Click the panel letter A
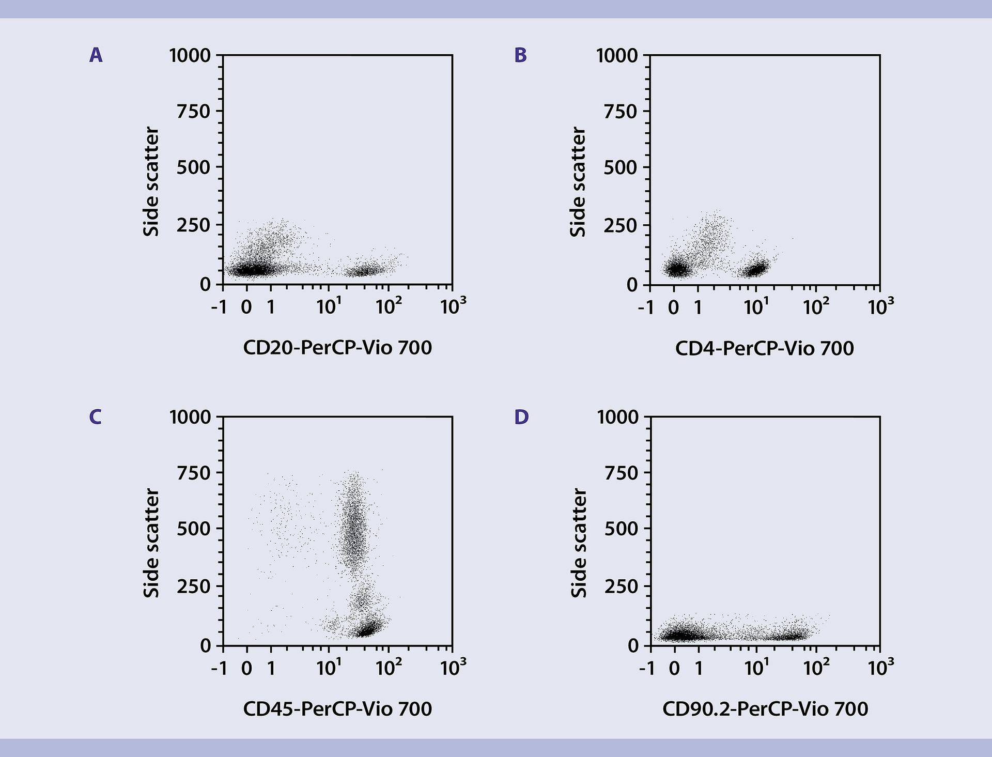pyautogui.click(x=96, y=55)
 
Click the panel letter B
pyautogui.click(x=520, y=55)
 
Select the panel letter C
pyautogui.click(x=95, y=416)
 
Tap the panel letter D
pyautogui.click(x=521, y=416)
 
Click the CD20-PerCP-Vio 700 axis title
pyautogui.click(x=337, y=348)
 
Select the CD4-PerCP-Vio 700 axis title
pyautogui.click(x=764, y=348)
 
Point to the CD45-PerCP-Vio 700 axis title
pyautogui.click(x=337, y=708)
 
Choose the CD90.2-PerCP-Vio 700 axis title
pyautogui.click(x=765, y=708)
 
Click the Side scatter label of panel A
pyautogui.click(x=151, y=182)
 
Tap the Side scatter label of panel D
pyautogui.click(x=579, y=543)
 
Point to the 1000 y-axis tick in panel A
pyautogui.click(x=190, y=55)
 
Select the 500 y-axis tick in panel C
pyautogui.click(x=193, y=529)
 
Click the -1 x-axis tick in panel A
pyautogui.click(x=219, y=307)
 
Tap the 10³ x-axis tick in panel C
pyautogui.click(x=453, y=668)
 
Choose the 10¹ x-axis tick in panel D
pyautogui.click(x=756, y=668)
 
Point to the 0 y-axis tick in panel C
pyautogui.click(x=206, y=645)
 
